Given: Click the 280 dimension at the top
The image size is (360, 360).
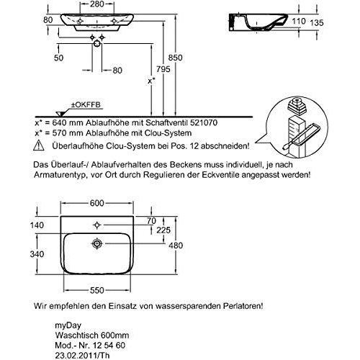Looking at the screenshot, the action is [97, 4].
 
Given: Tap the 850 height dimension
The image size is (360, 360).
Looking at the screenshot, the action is [176, 58].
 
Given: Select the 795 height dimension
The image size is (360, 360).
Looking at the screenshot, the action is [163, 69].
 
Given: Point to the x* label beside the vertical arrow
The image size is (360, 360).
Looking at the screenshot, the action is [151, 81].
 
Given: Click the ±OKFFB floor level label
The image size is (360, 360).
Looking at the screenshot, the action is [86, 105].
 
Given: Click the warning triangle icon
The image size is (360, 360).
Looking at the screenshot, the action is [39, 145].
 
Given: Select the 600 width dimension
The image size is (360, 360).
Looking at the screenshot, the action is [97, 203].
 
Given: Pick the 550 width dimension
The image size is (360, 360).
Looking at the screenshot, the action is [97, 290].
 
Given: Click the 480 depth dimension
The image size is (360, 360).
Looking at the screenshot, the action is [176, 246].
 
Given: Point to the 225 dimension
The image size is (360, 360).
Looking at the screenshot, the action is [163, 230].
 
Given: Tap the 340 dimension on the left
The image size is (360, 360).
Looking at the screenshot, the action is [37, 254].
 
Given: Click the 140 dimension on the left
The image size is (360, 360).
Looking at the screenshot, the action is [37, 225].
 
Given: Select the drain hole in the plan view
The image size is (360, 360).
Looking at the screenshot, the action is [97, 243].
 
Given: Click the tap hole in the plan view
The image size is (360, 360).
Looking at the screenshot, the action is [97, 225].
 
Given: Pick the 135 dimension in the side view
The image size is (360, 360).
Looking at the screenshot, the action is [317, 23].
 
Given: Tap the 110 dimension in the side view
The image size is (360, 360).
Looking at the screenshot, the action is [299, 21].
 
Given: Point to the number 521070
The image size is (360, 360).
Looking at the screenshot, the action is [204, 122].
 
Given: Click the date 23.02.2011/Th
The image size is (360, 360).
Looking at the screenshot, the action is [83, 356].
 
